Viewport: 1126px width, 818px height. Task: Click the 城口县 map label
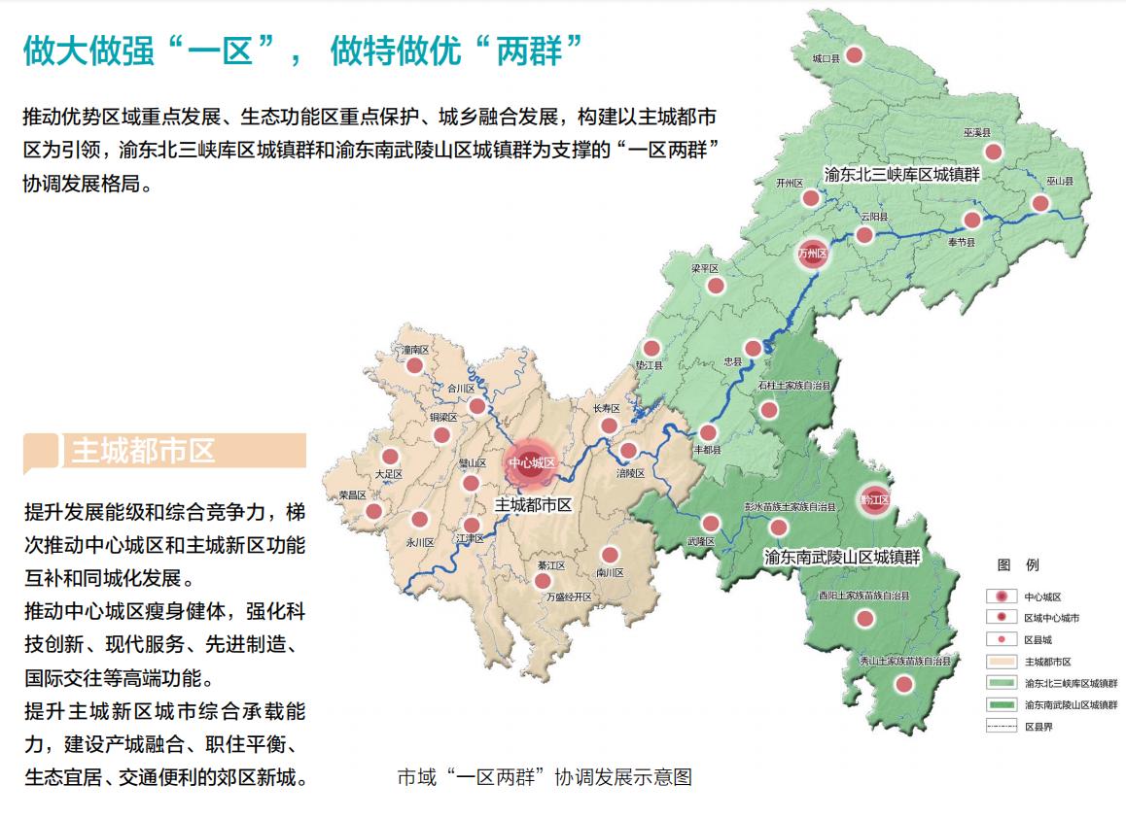[827, 59]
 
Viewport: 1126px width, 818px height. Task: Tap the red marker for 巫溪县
[993, 152]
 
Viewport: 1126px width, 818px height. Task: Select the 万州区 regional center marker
[812, 254]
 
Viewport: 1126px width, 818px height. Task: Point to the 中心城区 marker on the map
[531, 463]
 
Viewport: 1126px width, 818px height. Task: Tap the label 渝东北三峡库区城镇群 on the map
[900, 176]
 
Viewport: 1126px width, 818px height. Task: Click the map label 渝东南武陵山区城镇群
[842, 557]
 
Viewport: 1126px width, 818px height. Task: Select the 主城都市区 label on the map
[533, 505]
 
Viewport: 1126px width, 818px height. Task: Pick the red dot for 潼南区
[415, 366]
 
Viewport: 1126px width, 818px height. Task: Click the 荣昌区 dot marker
[373, 511]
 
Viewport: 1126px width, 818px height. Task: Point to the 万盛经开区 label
[569, 596]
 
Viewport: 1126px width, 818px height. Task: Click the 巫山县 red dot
[1040, 203]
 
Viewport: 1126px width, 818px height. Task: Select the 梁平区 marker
[716, 286]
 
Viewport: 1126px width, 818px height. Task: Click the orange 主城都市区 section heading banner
[165, 452]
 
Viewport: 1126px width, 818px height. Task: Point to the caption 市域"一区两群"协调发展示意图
[545, 777]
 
